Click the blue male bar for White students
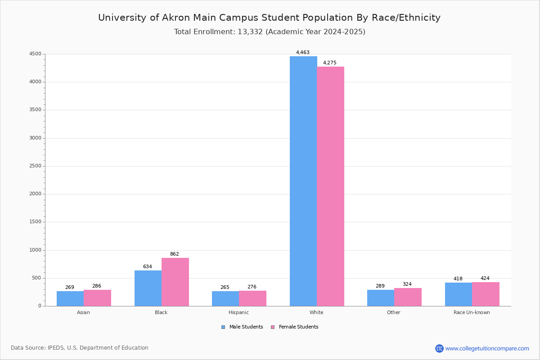tap(303, 181)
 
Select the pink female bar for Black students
tap(175, 282)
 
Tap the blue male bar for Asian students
tap(70, 298)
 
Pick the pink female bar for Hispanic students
tap(252, 298)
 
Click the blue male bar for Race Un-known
tap(459, 294)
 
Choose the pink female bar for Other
tap(408, 297)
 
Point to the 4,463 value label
tap(303, 52)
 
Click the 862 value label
tap(175, 254)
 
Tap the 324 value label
tap(407, 284)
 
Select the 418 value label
tap(458, 279)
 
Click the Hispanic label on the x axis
tap(238, 312)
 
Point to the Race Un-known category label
tap(472, 312)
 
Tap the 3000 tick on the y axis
tap(35, 138)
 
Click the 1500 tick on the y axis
tap(35, 222)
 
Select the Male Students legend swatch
tap(223, 327)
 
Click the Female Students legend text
tap(299, 327)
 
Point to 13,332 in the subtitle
tap(250, 32)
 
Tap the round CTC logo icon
tap(439, 348)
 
